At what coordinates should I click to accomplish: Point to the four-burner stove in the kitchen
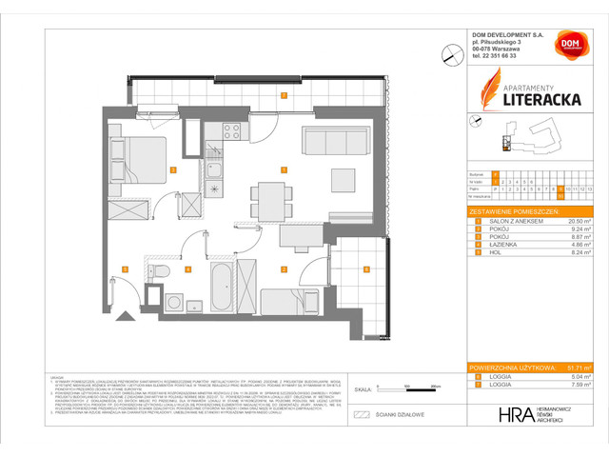click(x=230, y=132)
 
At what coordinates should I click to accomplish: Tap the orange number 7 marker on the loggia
click(x=283, y=94)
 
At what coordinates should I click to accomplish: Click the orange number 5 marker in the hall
click(x=126, y=268)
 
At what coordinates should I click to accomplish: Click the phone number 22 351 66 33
click(x=501, y=56)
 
